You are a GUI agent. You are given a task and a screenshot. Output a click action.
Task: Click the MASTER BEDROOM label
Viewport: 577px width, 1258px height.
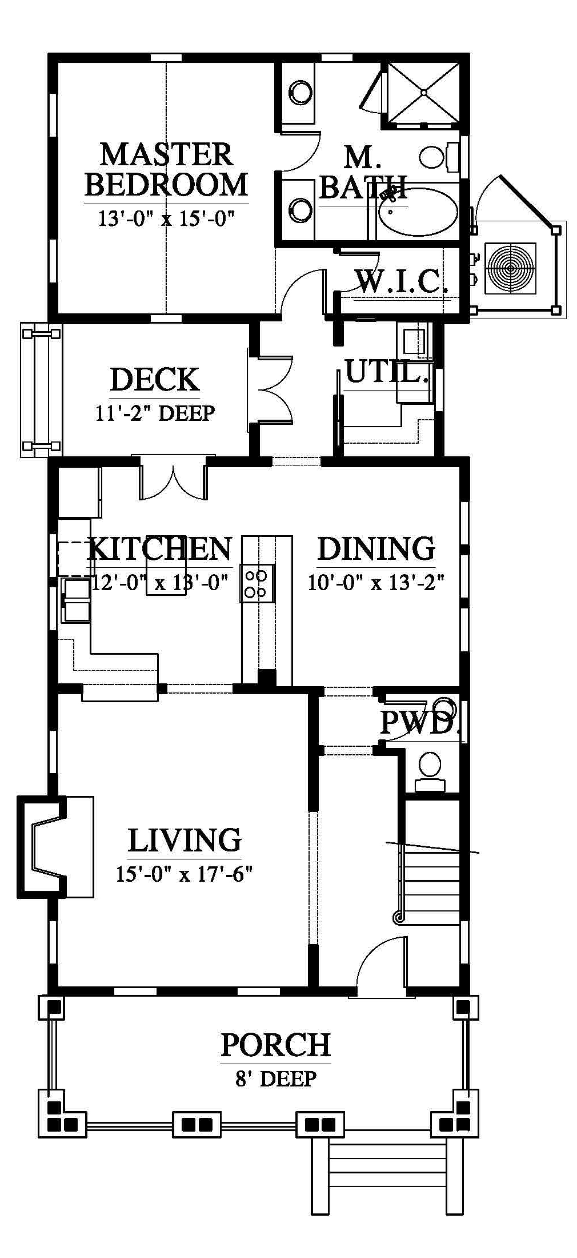(x=166, y=170)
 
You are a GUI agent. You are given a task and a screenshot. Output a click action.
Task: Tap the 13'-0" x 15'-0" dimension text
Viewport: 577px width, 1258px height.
(x=166, y=218)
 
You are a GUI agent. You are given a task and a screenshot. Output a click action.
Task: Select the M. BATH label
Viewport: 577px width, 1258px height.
(x=363, y=172)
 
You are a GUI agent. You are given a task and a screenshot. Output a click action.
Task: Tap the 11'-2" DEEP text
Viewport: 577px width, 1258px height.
(x=155, y=413)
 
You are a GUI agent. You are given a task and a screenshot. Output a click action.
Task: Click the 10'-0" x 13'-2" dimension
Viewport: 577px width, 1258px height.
(x=376, y=583)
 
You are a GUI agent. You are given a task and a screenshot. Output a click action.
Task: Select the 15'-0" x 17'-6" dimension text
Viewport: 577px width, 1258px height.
(x=184, y=874)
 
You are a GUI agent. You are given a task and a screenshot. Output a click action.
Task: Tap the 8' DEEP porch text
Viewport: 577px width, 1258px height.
(x=275, y=1078)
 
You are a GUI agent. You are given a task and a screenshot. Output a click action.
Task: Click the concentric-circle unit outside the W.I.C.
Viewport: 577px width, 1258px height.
(x=510, y=268)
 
